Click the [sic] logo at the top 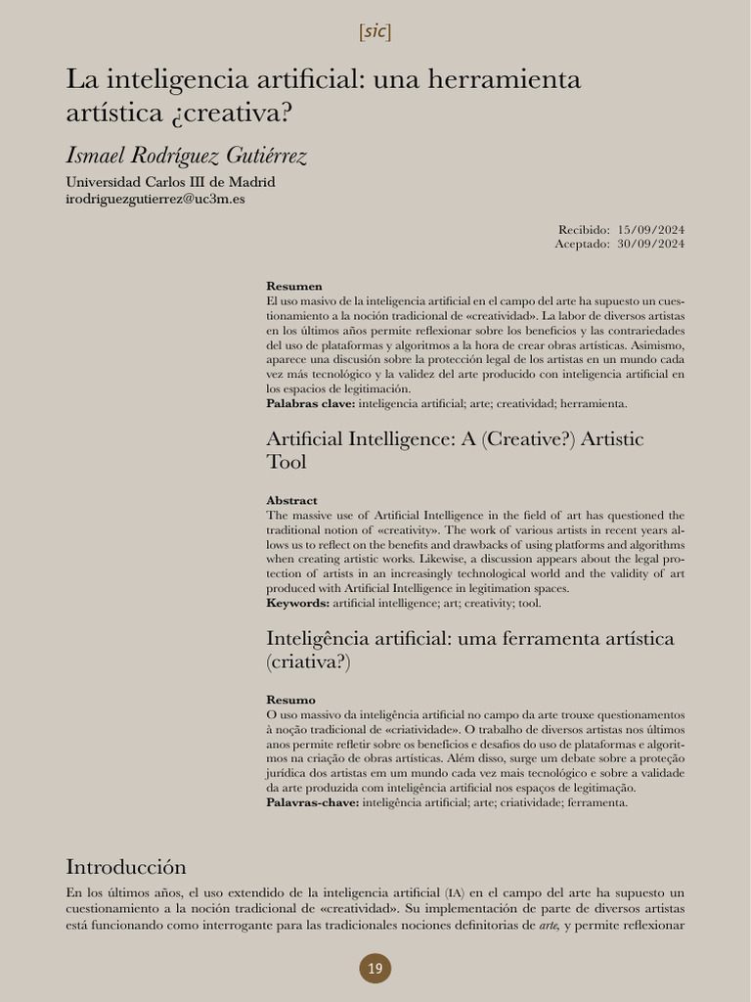point(375,31)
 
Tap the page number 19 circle point(375,969)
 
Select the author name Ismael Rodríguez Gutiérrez point(186,155)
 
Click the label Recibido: point(584,229)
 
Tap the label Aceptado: point(583,243)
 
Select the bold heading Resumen point(293,286)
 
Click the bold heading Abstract point(291,500)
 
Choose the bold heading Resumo point(290,700)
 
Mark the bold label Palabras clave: point(310,403)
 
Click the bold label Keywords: point(297,603)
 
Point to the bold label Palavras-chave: point(313,802)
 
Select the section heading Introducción point(125,867)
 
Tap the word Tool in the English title point(287,462)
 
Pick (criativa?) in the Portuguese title point(308,661)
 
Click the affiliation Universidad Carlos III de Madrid point(170,182)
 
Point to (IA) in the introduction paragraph point(455,892)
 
